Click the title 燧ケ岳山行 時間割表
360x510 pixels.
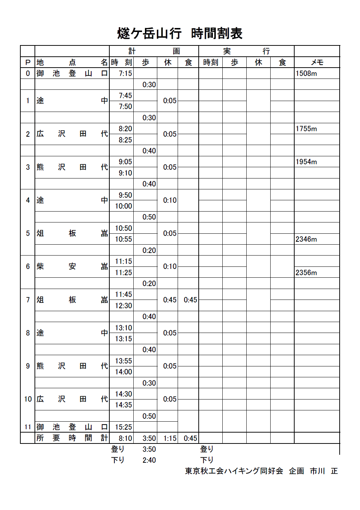pyautogui.click(x=180, y=33)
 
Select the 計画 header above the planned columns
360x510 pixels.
pyautogui.click(x=154, y=51)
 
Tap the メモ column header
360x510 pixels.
pyautogui.click(x=317, y=63)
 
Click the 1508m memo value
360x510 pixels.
pyautogui.click(x=306, y=73)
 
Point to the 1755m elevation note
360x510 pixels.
pyautogui.click(x=306, y=129)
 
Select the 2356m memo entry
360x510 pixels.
pyautogui.click(x=306, y=273)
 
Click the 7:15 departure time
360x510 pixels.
pyautogui.click(x=125, y=73)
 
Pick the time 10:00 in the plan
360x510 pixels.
pyautogui.click(x=124, y=206)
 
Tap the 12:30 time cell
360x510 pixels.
pyautogui.click(x=124, y=306)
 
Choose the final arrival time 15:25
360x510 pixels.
pyautogui.click(x=124, y=427)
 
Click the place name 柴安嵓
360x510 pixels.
pyautogui.click(x=72, y=266)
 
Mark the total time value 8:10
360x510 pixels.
pyautogui.click(x=125, y=438)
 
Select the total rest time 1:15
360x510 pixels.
pyautogui.click(x=170, y=438)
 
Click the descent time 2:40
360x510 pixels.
pyautogui.click(x=149, y=460)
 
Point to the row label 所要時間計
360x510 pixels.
pyautogui.click(x=72, y=438)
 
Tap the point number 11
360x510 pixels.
pyautogui.click(x=28, y=427)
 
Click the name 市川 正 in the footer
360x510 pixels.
pyautogui.click(x=324, y=471)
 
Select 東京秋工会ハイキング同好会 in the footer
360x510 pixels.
pyautogui.click(x=234, y=471)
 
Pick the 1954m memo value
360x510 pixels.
pyautogui.click(x=306, y=162)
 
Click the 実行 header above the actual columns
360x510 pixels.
pyautogui.click(x=246, y=51)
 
